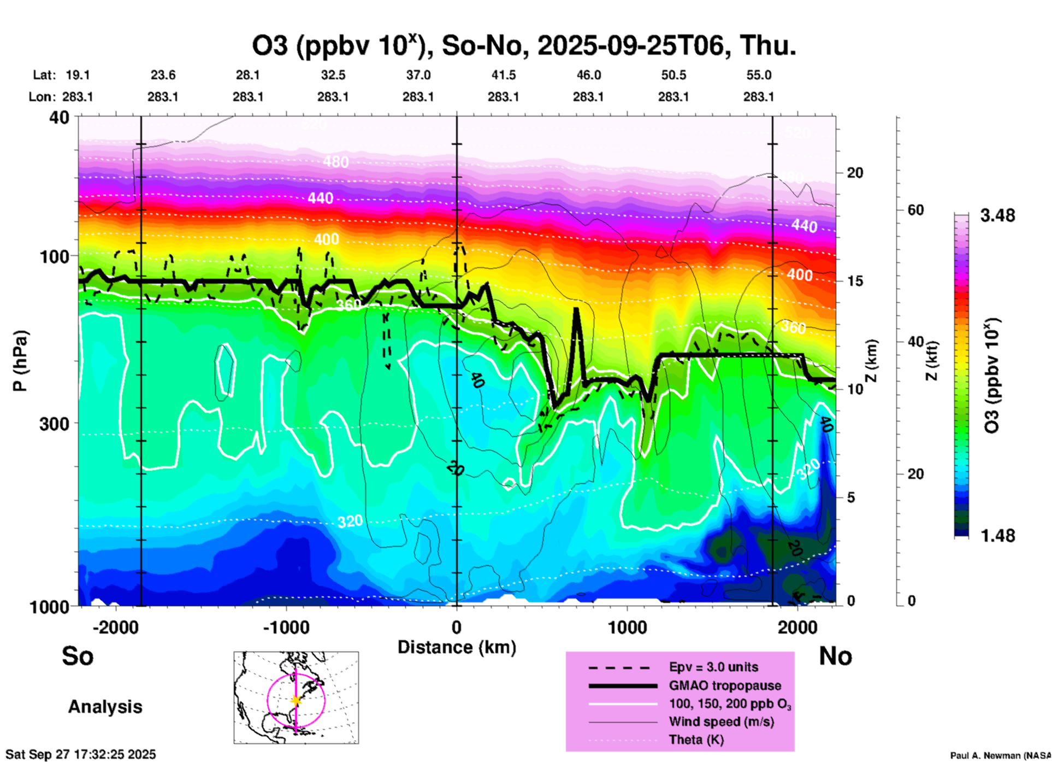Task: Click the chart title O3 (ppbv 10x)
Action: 523,45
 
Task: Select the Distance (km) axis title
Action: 457,647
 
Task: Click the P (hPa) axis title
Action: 20,361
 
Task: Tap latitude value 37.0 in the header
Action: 418,75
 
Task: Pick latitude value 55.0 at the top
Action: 758,75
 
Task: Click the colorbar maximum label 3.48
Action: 997,216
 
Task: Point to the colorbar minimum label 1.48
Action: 997,535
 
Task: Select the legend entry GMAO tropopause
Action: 725,685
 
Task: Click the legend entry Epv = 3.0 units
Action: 713,667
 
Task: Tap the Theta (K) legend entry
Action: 696,740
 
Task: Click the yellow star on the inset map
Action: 296,700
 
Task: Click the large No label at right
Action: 835,656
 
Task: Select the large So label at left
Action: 78,656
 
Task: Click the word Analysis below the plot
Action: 105,707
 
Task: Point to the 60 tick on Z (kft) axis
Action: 915,210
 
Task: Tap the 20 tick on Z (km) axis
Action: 855,173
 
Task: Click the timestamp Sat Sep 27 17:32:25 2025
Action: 81,754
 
